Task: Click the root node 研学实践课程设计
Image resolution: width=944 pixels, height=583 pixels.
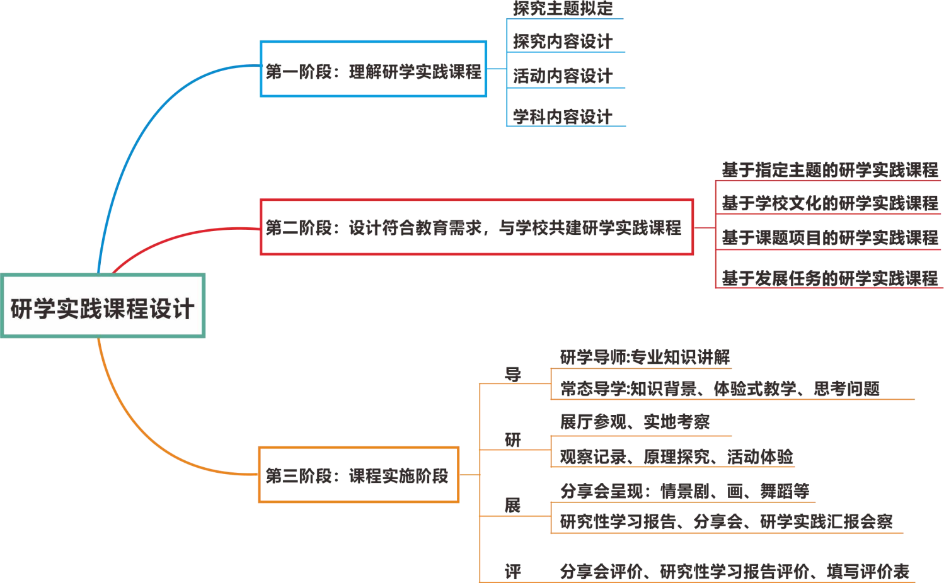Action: [x=103, y=307]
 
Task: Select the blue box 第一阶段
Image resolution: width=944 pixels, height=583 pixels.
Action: [x=373, y=69]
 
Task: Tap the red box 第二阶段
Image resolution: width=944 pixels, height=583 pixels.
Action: [x=476, y=227]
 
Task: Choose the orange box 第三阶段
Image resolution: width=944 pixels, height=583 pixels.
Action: [x=358, y=475]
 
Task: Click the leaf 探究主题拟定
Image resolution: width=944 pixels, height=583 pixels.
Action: [x=562, y=9]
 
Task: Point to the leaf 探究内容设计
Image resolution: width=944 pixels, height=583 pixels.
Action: [x=562, y=42]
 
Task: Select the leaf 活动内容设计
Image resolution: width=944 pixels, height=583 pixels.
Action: [x=562, y=76]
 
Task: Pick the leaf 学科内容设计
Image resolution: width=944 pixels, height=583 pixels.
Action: [x=562, y=116]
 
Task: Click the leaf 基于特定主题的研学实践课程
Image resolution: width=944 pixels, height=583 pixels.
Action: [x=829, y=170]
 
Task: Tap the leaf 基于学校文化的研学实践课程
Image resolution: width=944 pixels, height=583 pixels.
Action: [x=829, y=203]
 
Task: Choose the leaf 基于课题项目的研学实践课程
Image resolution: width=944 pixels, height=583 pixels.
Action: [x=829, y=237]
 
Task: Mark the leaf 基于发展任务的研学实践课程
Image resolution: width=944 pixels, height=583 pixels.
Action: [x=829, y=278]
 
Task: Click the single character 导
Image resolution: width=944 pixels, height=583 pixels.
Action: [x=513, y=374]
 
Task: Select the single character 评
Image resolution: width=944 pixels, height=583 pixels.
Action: [x=513, y=571]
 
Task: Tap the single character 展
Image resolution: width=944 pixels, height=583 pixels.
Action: [x=513, y=505]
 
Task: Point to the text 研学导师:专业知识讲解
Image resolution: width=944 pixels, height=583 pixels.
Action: [x=645, y=357]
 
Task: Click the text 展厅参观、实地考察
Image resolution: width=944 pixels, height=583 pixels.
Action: [x=635, y=421]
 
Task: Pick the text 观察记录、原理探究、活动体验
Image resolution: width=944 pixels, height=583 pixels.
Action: [x=676, y=456]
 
